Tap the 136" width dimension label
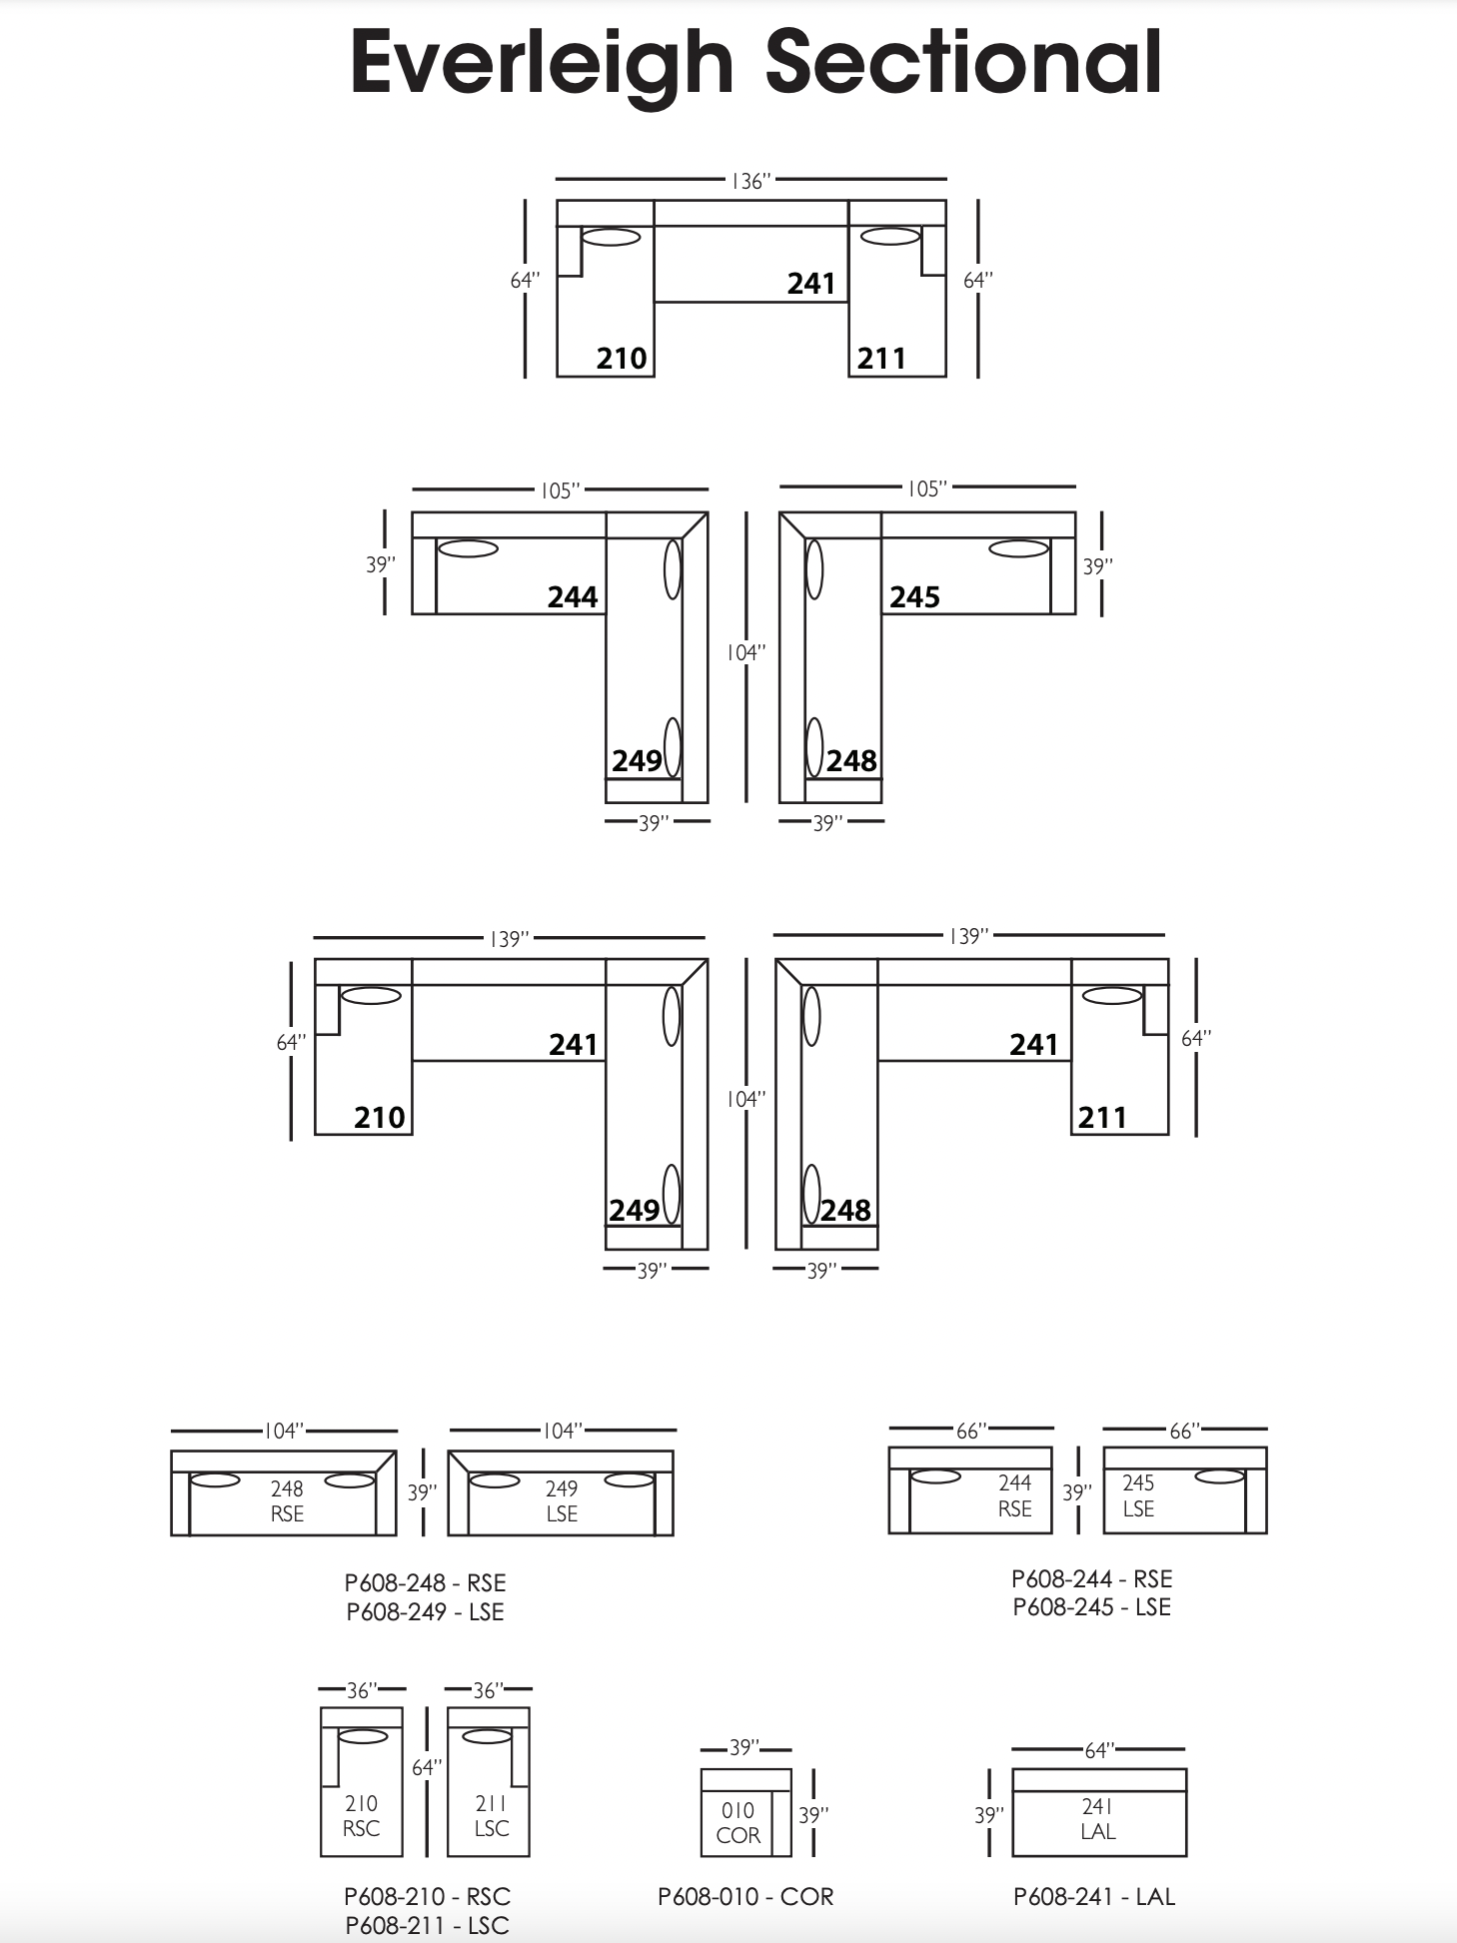[x=751, y=181]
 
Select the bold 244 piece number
[x=573, y=596]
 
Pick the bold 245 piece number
[x=914, y=596]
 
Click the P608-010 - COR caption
[x=745, y=1897]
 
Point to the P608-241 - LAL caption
[x=1094, y=1897]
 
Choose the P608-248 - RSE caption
[x=426, y=1583]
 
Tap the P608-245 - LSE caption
[x=1091, y=1607]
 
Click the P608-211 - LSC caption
[x=427, y=1925]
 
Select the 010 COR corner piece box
[x=745, y=1812]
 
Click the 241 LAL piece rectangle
[x=1099, y=1812]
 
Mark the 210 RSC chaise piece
[x=362, y=1781]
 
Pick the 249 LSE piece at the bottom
[x=561, y=1492]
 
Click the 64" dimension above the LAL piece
[x=1098, y=1750]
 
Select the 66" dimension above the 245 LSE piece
[x=1184, y=1431]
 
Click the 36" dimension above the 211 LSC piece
[x=488, y=1690]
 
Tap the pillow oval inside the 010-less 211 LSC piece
[x=489, y=1736]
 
